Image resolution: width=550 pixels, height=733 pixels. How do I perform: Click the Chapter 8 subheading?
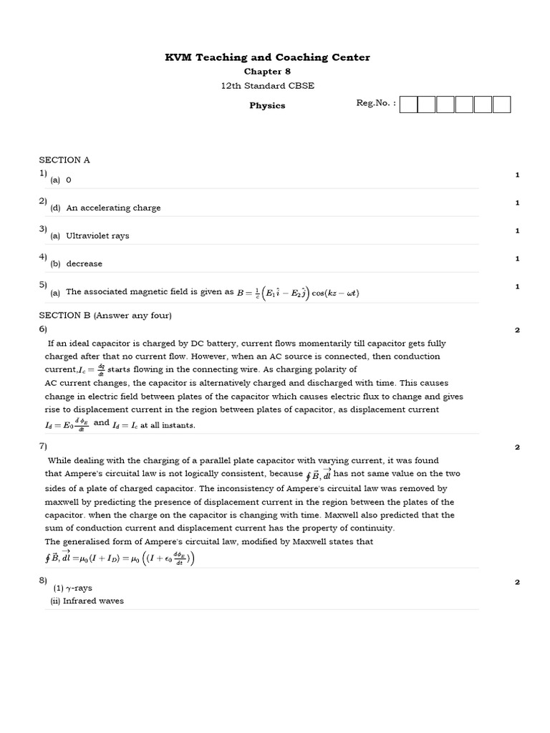(x=267, y=72)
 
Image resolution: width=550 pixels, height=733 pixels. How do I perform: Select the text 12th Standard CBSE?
(x=267, y=86)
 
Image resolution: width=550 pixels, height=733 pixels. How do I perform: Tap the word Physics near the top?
(x=267, y=105)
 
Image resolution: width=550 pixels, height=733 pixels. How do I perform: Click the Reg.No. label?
(x=376, y=103)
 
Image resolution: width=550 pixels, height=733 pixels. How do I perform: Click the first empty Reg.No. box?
(x=409, y=105)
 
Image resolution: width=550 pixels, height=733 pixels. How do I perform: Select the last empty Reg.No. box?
(x=501, y=105)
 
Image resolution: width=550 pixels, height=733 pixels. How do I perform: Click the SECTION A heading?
(x=64, y=160)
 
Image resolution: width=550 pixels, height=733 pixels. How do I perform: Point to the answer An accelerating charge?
(x=113, y=208)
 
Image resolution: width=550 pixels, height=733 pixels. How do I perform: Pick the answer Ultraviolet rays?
(x=97, y=236)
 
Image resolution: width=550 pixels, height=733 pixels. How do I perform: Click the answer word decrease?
(x=84, y=264)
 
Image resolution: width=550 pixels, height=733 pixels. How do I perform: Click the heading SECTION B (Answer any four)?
(x=105, y=316)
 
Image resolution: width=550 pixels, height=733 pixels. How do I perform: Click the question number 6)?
(x=43, y=329)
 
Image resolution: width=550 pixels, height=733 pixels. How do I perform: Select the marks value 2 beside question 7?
(x=517, y=447)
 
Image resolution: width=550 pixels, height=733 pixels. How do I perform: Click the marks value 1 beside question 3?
(x=517, y=230)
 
